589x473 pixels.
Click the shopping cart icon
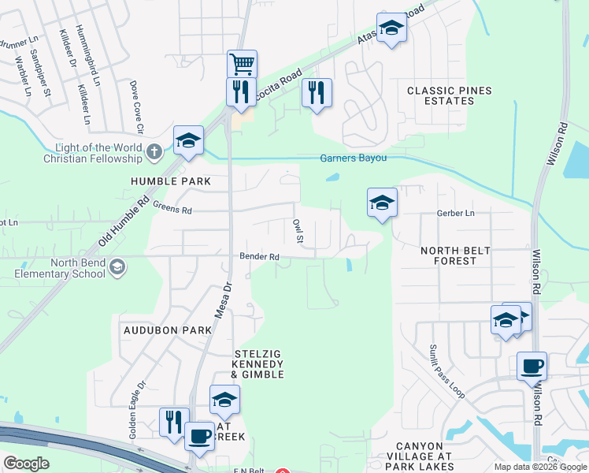pyautogui.click(x=242, y=63)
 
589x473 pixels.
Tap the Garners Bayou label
pyautogui.click(x=354, y=158)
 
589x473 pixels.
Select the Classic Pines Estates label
pyautogui.click(x=449, y=96)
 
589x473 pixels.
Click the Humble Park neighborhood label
pyautogui.click(x=171, y=181)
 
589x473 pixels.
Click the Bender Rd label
pyautogui.click(x=260, y=256)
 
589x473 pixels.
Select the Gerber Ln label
pyautogui.click(x=456, y=214)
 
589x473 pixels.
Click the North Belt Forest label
pyautogui.click(x=455, y=256)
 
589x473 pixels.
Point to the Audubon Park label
pyautogui.click(x=168, y=330)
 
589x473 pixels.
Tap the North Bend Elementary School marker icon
pyautogui.click(x=117, y=267)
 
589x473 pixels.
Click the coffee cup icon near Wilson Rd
pyautogui.click(x=532, y=366)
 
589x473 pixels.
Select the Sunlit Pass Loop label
pyautogui.click(x=446, y=371)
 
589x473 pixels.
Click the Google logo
pyautogui.click(x=26, y=463)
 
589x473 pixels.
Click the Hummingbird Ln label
pyautogui.click(x=89, y=55)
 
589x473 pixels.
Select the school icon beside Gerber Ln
pyautogui.click(x=382, y=203)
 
